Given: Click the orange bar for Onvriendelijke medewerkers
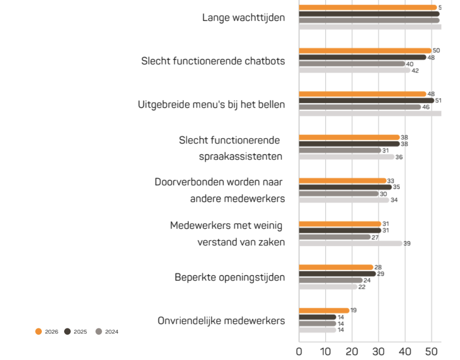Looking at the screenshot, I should coord(324,311).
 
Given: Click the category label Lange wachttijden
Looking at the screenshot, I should coord(243,18).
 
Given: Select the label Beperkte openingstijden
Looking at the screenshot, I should coord(230,277).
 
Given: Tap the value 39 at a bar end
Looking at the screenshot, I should coord(407,243).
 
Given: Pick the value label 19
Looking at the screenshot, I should coord(354,310).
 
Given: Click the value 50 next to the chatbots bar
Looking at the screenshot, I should coord(436,50).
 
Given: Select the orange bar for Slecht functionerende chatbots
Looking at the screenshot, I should coord(365,51).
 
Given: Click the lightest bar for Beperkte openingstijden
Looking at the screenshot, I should coord(328,287).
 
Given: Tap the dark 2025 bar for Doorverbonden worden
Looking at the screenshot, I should coord(345,187).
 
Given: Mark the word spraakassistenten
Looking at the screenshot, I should coord(241,156).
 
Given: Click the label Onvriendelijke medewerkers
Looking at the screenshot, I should coord(221,321).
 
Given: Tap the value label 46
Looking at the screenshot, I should coord(426,107).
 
